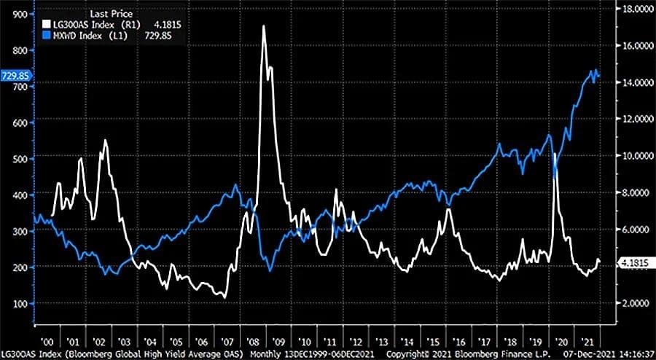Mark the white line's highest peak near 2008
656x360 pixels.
[x=264, y=46]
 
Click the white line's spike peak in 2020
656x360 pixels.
[x=555, y=154]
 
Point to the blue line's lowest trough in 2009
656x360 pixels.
[x=270, y=270]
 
